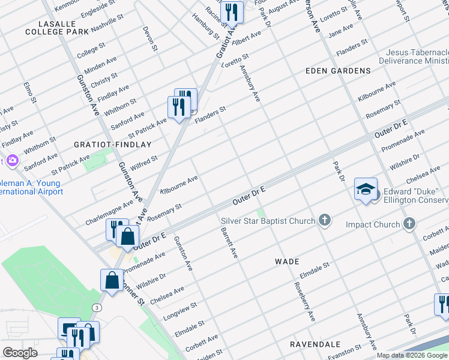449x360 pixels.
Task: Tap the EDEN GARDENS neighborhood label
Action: coord(338,71)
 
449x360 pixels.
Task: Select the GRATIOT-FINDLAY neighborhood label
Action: coord(112,145)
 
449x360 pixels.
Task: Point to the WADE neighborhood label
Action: coord(286,262)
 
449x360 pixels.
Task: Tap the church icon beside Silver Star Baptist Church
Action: coord(325,221)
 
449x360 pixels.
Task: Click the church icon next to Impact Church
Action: coord(409,224)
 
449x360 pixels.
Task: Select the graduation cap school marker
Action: coord(366,189)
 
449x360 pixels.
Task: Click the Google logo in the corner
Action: coord(20,353)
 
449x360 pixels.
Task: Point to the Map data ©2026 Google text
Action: coord(412,355)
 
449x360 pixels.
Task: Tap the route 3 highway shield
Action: coord(96,307)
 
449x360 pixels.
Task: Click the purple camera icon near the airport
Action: coord(12,161)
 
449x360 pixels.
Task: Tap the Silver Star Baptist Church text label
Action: coord(268,221)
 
